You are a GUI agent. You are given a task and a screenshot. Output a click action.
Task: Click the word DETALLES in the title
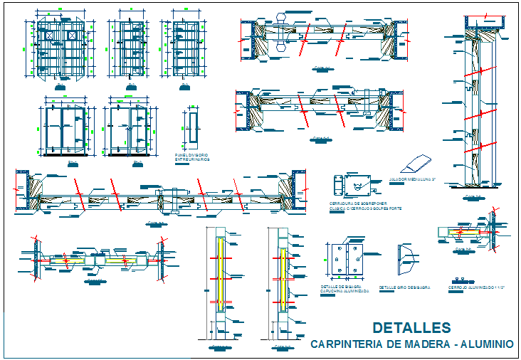point(411,327)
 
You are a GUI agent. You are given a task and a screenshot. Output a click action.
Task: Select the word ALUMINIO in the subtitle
point(488,344)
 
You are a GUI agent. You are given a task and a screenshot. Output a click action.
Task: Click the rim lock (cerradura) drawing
point(354,186)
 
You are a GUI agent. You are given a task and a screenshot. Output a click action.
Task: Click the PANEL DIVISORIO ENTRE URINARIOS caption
point(192,157)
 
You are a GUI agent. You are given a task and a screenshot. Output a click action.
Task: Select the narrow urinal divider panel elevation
point(193,128)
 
